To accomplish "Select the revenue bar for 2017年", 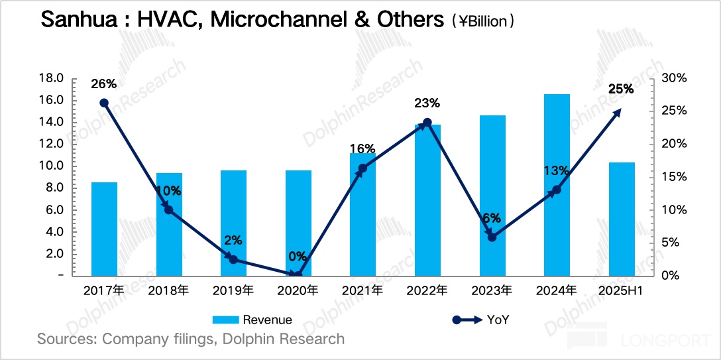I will (104, 229).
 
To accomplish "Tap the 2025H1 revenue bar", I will (622, 219).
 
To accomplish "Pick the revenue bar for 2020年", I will (298, 223).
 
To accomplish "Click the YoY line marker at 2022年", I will (427, 123).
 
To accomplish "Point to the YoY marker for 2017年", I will (104, 103).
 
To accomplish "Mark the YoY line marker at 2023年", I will (492, 236).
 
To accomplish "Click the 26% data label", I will (104, 84).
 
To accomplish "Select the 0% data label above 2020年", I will (298, 257).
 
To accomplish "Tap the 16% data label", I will (363, 149).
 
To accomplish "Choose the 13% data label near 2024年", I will (557, 171).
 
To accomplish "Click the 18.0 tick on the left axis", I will (52, 78).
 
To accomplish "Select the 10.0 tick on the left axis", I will (52, 166).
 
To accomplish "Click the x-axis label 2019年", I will (233, 290).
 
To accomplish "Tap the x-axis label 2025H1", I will (622, 290).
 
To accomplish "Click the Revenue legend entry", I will (252, 320).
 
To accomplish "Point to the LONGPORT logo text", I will (665, 341).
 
